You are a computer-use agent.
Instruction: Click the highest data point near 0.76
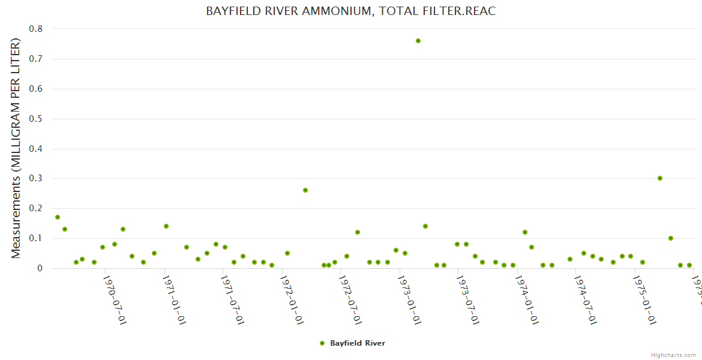[418, 41]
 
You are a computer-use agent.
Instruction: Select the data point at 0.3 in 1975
[660, 178]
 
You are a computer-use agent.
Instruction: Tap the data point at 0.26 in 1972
[305, 190]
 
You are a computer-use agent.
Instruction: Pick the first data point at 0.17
[58, 217]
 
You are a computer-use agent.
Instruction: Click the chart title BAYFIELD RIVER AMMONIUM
[351, 11]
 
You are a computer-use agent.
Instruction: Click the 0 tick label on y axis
[40, 269]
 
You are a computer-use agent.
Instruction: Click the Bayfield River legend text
[358, 343]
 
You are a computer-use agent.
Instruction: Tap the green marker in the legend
[322, 343]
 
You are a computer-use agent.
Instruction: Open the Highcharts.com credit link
[673, 355]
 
